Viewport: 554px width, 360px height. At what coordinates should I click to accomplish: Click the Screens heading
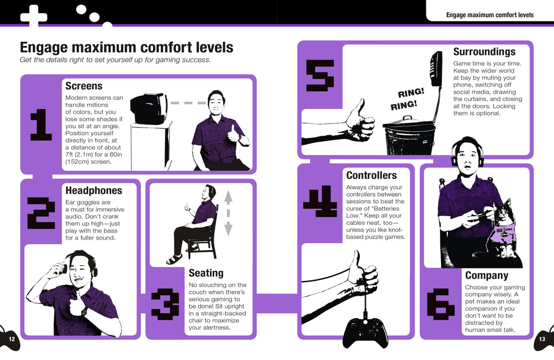[x=84, y=86]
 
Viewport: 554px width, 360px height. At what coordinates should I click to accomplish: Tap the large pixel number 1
[x=41, y=125]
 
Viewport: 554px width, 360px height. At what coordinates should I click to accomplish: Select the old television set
[x=148, y=109]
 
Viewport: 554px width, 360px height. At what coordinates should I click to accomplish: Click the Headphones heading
[x=94, y=191]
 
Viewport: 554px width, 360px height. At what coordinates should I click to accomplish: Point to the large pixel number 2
[x=41, y=212]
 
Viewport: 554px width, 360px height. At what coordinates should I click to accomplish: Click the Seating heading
[x=206, y=274]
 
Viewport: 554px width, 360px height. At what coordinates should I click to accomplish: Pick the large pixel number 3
[x=164, y=303]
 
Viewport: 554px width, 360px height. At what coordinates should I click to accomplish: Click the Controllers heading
[x=371, y=176]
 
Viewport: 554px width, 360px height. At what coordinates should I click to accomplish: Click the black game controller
[x=365, y=332]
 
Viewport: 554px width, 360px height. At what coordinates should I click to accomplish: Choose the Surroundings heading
[x=484, y=52]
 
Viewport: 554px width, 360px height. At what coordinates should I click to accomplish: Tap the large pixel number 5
[x=320, y=75]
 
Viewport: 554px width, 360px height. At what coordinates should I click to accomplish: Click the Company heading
[x=486, y=276]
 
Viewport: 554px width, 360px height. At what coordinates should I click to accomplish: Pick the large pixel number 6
[x=440, y=304]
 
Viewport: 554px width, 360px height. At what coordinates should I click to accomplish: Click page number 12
[x=11, y=339]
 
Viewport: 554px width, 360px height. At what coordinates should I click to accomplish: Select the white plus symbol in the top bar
[x=34, y=15]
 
